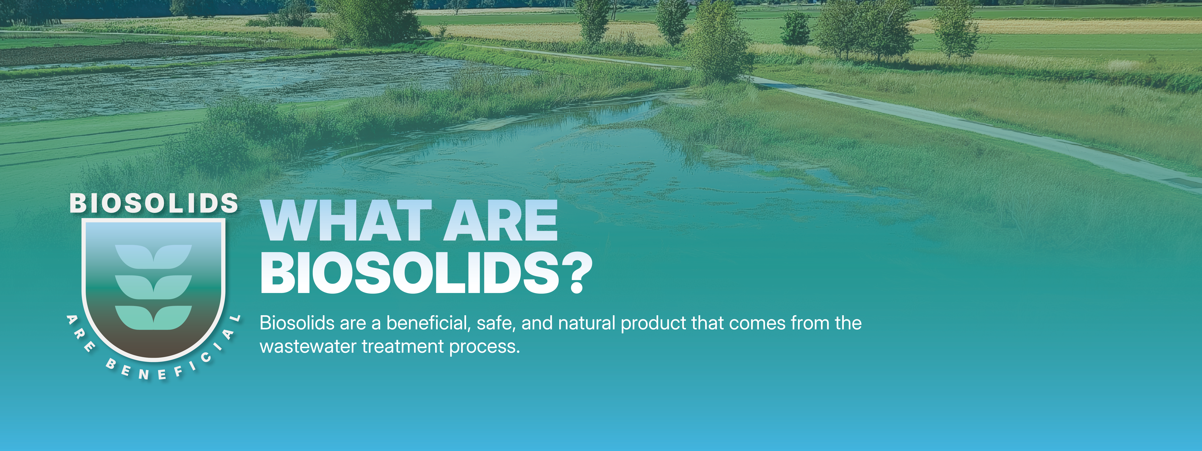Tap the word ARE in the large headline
pyautogui.click(x=500, y=221)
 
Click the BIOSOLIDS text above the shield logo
pyautogui.click(x=154, y=204)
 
